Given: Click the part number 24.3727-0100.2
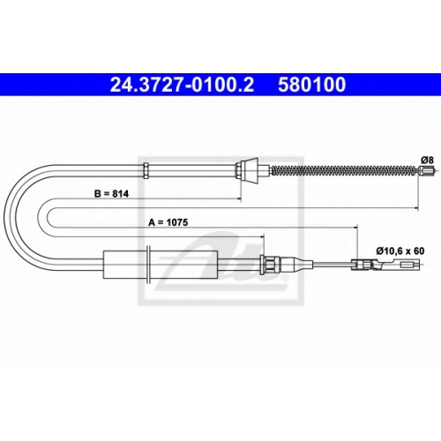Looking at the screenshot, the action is [x=182, y=85].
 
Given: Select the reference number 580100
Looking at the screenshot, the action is [x=312, y=85].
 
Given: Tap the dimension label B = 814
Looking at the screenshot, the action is [x=111, y=194].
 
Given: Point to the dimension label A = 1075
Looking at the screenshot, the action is [x=168, y=222].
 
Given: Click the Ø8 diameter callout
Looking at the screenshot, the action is [x=427, y=161].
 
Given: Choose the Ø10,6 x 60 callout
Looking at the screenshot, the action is [x=400, y=251].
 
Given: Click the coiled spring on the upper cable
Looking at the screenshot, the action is [x=344, y=170].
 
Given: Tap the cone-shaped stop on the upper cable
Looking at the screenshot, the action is [x=250, y=170].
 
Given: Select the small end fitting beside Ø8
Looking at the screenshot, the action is [x=426, y=171].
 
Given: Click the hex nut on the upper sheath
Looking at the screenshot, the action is [x=146, y=170].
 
